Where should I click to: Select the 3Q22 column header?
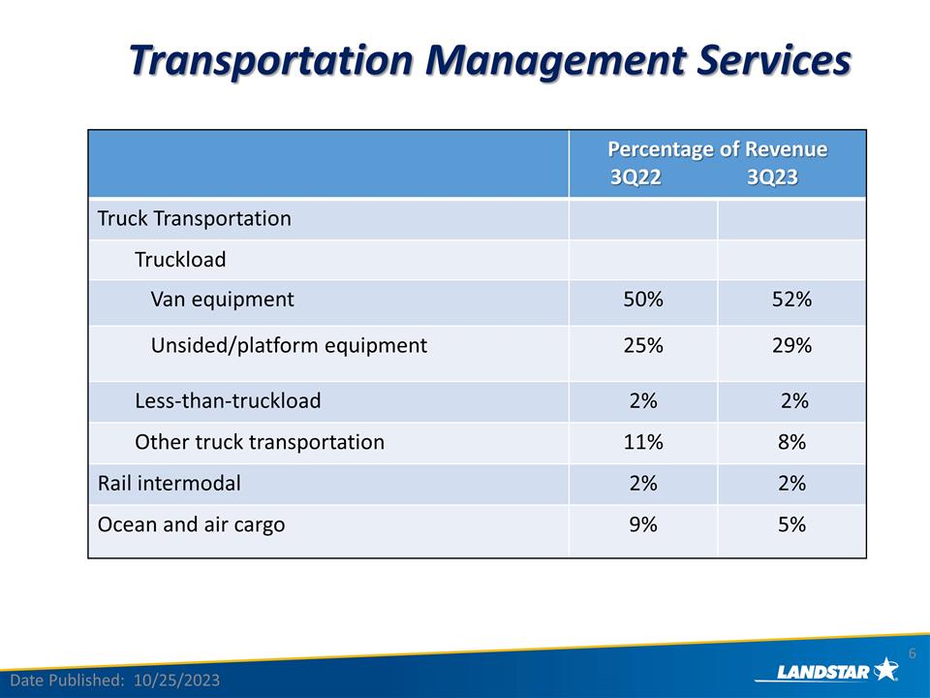click(635, 178)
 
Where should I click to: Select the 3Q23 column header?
click(772, 178)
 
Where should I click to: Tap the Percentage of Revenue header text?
click(717, 149)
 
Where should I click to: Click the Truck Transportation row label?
click(194, 218)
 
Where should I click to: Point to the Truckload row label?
click(180, 260)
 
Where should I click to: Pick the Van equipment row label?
click(222, 300)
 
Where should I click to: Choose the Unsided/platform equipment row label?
click(289, 345)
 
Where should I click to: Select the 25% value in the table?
click(643, 345)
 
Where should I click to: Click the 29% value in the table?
click(791, 345)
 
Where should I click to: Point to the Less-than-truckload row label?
click(228, 400)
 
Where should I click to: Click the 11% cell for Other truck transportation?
click(643, 442)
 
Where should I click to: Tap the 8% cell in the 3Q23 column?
click(791, 442)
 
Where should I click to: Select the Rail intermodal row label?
click(170, 483)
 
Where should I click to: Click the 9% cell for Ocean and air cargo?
click(643, 524)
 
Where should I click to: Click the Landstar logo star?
click(885, 668)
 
